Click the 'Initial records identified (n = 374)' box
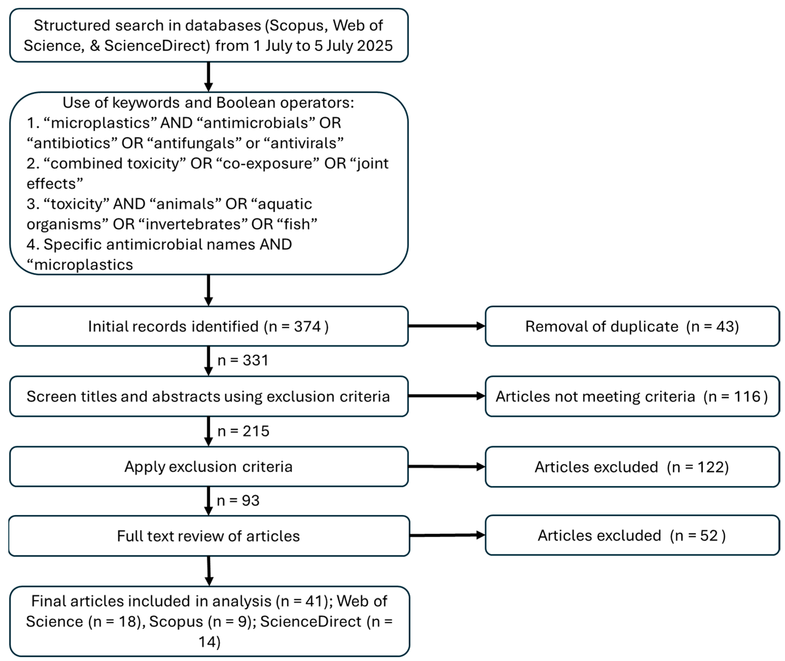click(x=208, y=326)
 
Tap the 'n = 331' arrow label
click(x=243, y=360)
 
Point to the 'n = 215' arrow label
click(x=243, y=431)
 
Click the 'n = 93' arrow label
click(x=238, y=501)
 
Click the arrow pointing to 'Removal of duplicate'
click(x=446, y=326)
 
